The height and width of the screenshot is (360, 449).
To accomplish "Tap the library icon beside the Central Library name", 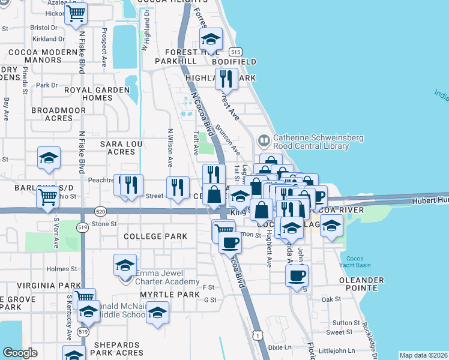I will coord(264,141).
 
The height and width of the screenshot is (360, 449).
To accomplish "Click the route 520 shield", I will coord(100,211).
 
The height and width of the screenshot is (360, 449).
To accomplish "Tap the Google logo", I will coord(20,353).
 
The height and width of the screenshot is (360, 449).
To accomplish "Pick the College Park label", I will coord(155,236).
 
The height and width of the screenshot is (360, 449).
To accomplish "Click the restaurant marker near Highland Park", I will coord(226,78).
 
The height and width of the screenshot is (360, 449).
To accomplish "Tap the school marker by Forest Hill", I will coord(211,39).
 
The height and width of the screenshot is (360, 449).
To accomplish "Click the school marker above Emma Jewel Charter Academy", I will coord(124,265).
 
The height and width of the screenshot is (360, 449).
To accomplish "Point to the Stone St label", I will coord(104,224).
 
